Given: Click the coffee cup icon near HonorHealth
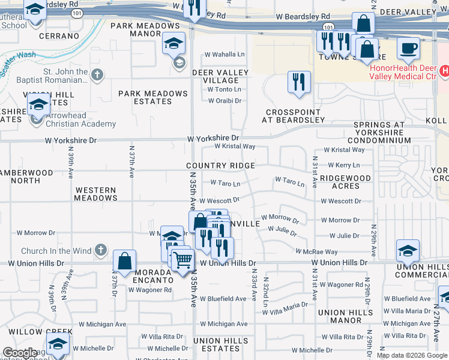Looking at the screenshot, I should (x=408, y=49).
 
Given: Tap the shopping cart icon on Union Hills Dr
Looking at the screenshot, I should (x=182, y=260).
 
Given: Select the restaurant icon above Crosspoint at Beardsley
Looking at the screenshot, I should (x=299, y=82).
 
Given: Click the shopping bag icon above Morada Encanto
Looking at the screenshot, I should (x=124, y=261).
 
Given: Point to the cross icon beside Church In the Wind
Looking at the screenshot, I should (x=101, y=249).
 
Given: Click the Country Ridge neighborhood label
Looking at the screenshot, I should (x=220, y=166).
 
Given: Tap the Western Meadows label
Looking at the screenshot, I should (x=95, y=194).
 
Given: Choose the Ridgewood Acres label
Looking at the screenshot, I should (x=345, y=182).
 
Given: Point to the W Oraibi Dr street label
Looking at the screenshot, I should (x=224, y=101).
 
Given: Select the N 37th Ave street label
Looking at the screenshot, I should (x=131, y=162).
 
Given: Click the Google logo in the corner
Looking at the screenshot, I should (x=20, y=353).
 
